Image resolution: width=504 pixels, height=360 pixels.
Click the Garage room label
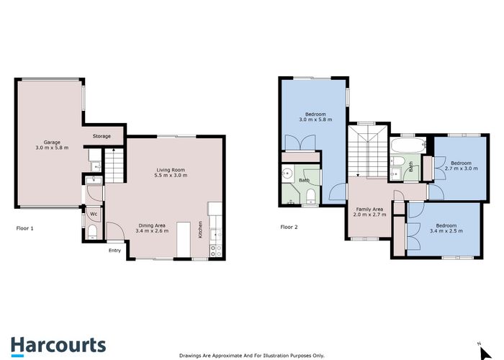pyautogui.click(x=50, y=142)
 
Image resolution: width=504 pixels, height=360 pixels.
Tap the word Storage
pyautogui.click(x=102, y=136)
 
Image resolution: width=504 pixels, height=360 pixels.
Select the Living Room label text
pyautogui.click(x=172, y=170)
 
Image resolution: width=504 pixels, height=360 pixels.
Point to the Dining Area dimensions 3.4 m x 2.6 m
pyautogui.click(x=153, y=231)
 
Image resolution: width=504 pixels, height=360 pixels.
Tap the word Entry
pyautogui.click(x=115, y=251)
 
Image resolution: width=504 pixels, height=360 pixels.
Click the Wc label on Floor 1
pyautogui.click(x=94, y=214)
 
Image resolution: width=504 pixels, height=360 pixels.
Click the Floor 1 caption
pyautogui.click(x=25, y=228)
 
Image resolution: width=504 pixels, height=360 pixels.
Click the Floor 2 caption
pyautogui.click(x=289, y=228)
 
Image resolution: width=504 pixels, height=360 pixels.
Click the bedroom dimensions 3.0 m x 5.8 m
pyautogui.click(x=315, y=120)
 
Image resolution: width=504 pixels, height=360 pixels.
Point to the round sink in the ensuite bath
pyautogui.click(x=287, y=173)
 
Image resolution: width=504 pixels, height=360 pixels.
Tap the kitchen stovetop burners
pyautogui.click(x=214, y=249)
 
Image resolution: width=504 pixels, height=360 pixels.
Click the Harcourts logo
pyautogui.click(x=58, y=345)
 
